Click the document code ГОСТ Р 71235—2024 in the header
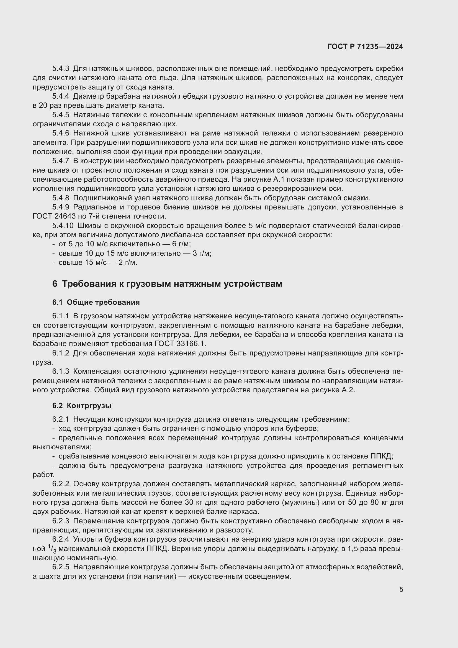click(x=365, y=47)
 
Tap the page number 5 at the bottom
click(x=401, y=590)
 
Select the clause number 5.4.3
click(x=60, y=69)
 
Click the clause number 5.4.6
click(x=60, y=133)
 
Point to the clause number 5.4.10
click(x=63, y=226)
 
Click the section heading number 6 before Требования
click(x=55, y=284)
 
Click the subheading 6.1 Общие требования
click(x=96, y=303)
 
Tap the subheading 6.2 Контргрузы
click(x=82, y=406)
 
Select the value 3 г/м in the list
click(x=202, y=253)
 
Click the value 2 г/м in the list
click(x=127, y=263)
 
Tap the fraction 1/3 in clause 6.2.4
click(x=52, y=549)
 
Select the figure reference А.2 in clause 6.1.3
click(x=348, y=390)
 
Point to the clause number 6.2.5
click(x=60, y=567)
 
